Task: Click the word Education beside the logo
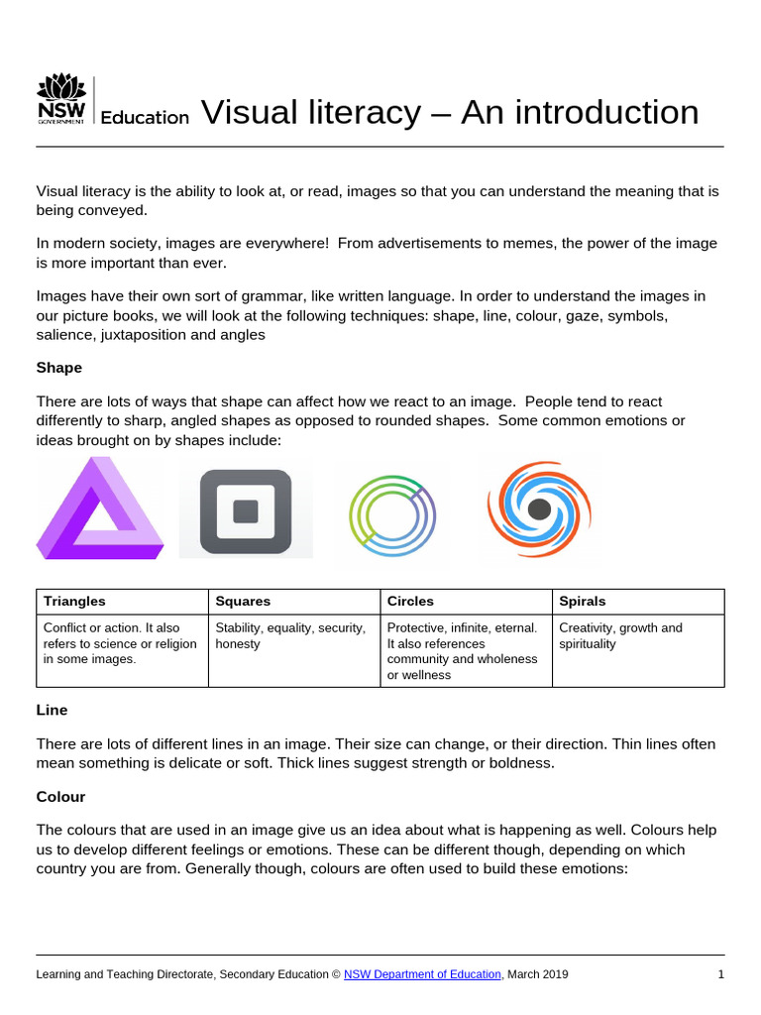145,117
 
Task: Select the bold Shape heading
58,368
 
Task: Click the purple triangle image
99,507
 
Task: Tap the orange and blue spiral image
538,508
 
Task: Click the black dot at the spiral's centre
539,509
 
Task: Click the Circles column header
410,602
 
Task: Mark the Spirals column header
583,602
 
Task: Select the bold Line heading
52,711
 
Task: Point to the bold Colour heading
60,797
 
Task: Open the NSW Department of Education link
423,974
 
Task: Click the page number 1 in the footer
721,974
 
